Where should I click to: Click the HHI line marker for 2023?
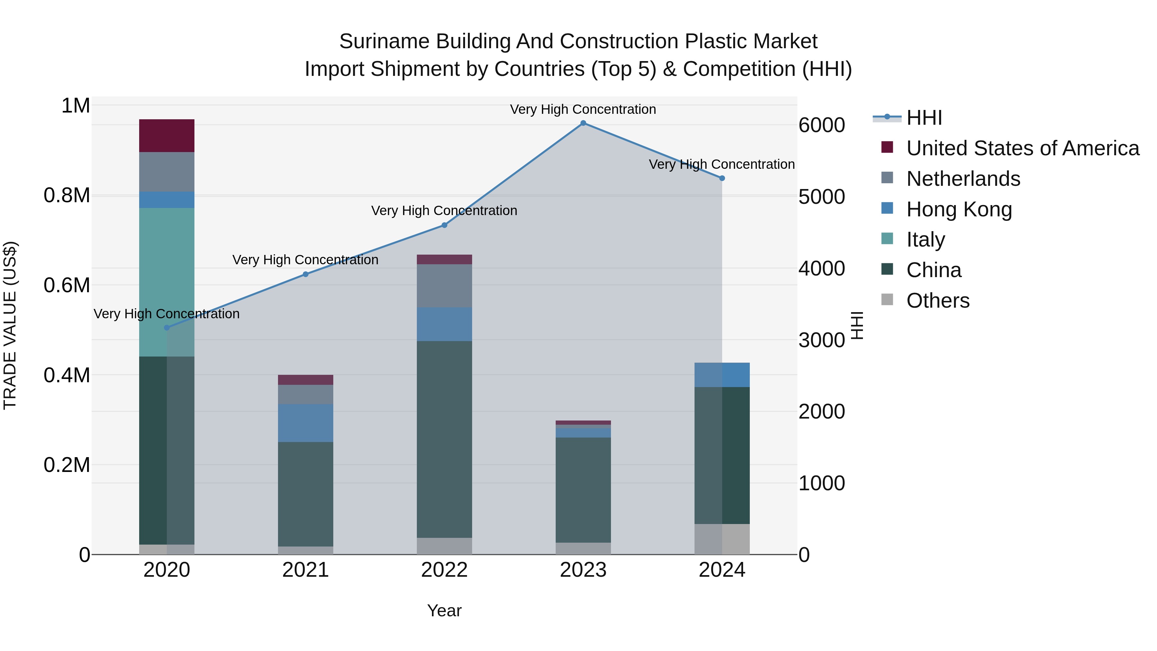583,123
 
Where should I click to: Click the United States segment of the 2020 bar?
166,136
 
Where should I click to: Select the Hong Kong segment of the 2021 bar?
305,423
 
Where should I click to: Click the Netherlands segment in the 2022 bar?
444,286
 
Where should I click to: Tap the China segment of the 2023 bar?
583,490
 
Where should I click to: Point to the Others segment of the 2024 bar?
722,539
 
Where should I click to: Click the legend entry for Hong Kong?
959,209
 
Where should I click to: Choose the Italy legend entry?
925,240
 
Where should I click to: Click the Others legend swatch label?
937,301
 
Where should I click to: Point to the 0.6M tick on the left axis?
67,285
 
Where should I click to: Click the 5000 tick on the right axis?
821,197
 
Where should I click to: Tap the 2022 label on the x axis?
444,570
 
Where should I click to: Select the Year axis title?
444,610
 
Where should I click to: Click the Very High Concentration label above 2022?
444,211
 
